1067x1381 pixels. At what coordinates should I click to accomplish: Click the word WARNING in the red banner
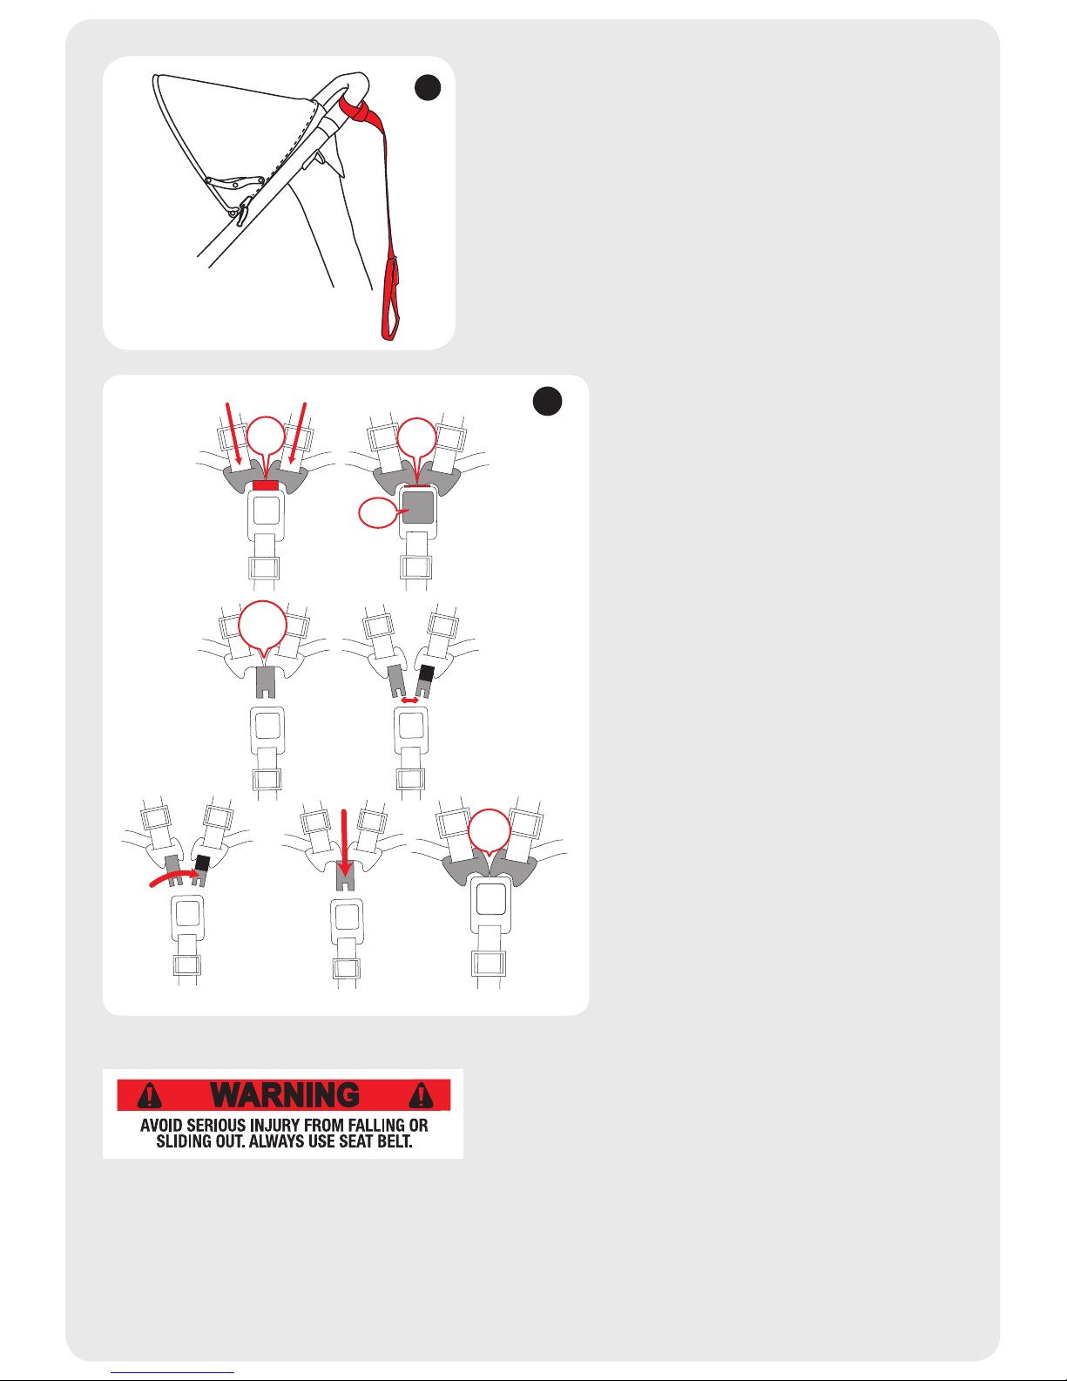point(285,1095)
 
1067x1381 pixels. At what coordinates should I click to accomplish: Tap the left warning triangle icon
point(150,1095)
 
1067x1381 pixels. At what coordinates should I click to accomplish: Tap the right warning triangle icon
point(421,1095)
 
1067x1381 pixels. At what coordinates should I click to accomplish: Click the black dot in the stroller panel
point(428,88)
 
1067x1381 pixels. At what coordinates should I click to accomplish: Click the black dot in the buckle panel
point(548,401)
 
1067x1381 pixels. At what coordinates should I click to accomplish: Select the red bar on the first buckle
point(266,485)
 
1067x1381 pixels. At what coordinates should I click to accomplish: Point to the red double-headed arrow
point(409,701)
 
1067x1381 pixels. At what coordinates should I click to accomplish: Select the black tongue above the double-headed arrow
point(427,673)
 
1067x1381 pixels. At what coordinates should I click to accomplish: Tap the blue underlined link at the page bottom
point(172,1372)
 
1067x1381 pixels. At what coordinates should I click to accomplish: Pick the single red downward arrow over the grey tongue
point(344,843)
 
